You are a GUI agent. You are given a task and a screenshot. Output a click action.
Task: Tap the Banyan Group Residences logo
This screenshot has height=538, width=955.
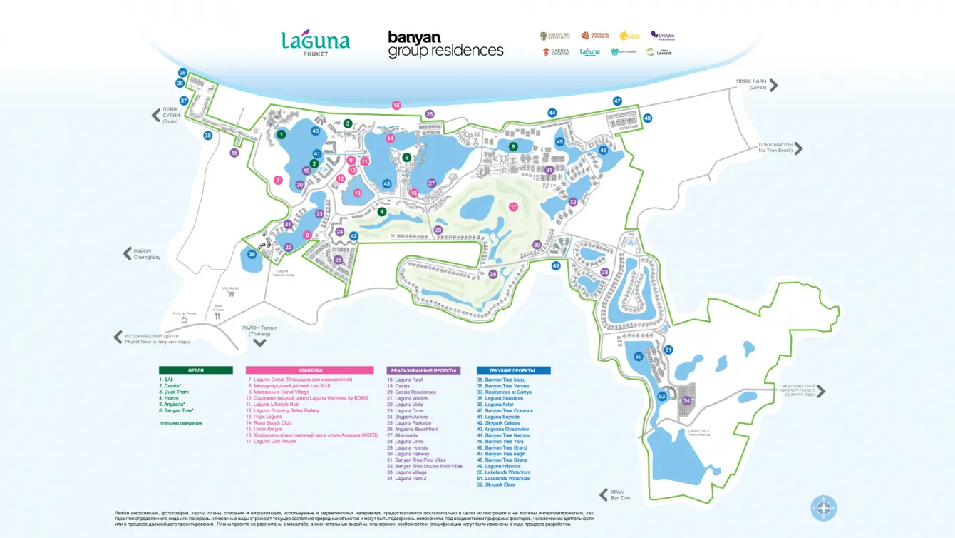pos(445,44)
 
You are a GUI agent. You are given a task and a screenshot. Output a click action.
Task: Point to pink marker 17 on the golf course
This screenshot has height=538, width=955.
pos(513,207)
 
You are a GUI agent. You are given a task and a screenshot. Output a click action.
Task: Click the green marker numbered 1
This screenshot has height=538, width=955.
pos(282,134)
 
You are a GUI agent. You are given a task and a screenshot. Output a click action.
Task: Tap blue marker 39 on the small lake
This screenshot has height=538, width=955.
pos(252,254)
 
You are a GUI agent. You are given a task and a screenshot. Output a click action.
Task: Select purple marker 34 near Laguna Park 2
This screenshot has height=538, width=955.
pos(686,400)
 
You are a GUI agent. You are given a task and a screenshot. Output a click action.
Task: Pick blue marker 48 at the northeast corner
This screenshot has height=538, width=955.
pos(647,118)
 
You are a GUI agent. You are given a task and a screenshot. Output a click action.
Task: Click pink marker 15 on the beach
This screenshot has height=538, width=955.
pos(396,106)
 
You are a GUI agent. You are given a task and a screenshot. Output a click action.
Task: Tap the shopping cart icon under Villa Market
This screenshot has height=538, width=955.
pos(232,293)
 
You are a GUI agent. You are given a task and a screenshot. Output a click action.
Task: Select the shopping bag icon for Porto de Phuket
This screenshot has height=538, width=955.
pos(183,320)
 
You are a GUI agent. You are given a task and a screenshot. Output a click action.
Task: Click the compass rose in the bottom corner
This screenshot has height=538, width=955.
pos(823,507)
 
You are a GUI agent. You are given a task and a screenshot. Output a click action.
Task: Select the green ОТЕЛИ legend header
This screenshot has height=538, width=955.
pos(195,370)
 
